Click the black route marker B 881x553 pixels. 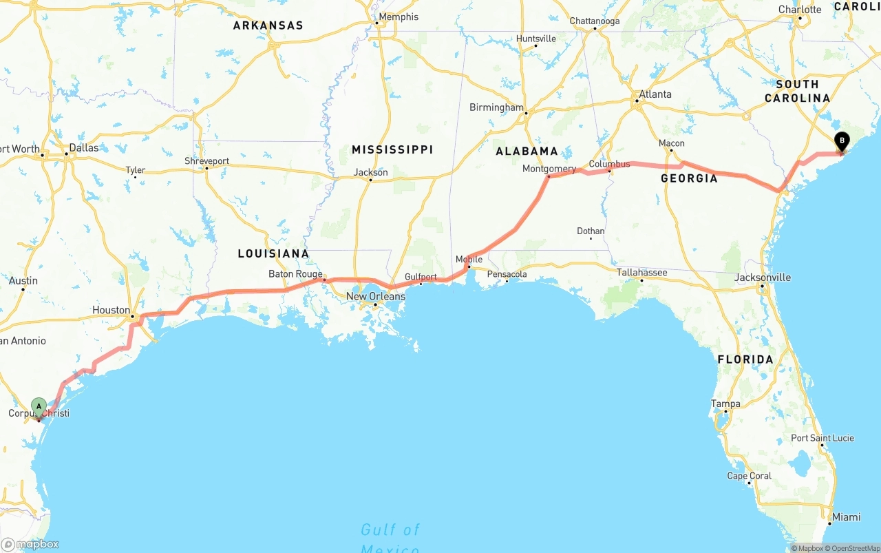coord(841,141)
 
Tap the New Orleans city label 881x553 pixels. coord(375,296)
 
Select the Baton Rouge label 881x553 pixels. coord(295,274)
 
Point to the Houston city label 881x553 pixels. coord(111,310)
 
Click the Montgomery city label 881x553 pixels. coord(549,169)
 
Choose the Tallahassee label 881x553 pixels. coord(641,272)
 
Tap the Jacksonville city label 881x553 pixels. coord(762,278)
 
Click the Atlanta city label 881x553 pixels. coord(655,94)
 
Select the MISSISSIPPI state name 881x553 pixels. coord(392,149)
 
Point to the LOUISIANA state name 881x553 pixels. coord(273,253)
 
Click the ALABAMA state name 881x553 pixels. coord(527,151)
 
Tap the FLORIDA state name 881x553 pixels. coord(745,359)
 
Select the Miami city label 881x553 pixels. coord(845,517)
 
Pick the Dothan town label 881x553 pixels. coord(591,231)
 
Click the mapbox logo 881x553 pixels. coord(30,545)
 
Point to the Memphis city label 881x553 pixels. coord(398,17)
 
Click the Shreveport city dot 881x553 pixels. coord(206,168)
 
